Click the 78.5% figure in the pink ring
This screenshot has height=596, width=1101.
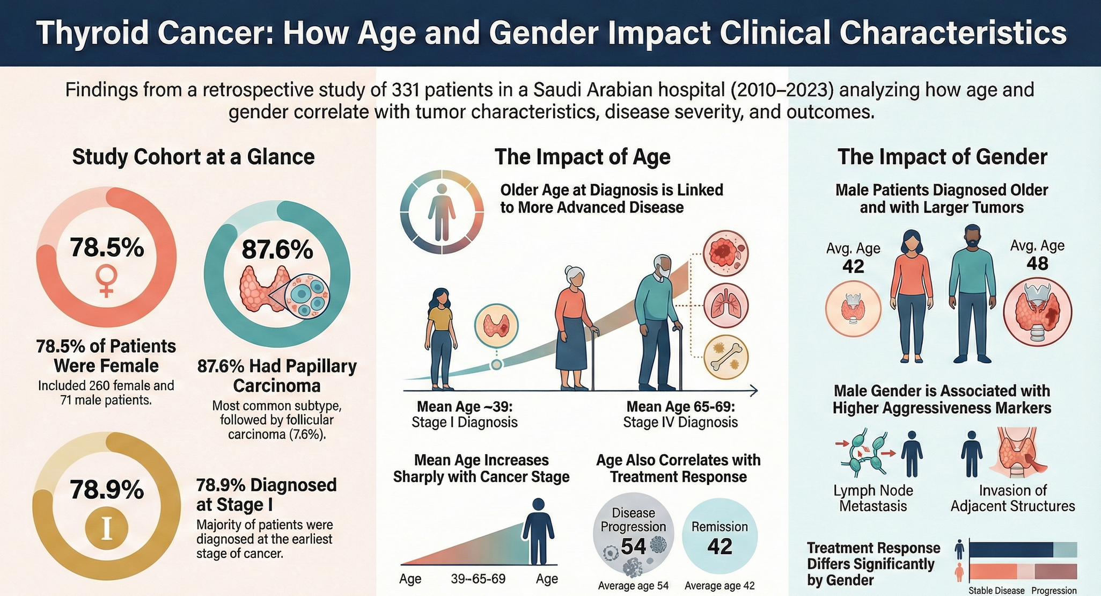coord(107,248)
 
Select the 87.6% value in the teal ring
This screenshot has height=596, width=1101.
coord(277,250)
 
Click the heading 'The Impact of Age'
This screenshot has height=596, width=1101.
coord(582,157)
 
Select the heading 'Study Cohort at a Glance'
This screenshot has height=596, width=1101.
coord(193,157)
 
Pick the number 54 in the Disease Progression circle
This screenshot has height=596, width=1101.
coord(633,546)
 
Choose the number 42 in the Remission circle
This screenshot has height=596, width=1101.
coord(720,546)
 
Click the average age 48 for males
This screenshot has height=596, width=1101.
coord(1037,264)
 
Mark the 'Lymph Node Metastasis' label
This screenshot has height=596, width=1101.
coord(873,498)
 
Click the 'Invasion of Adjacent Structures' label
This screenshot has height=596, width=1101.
coord(1012,498)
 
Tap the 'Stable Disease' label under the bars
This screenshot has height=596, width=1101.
coord(996,591)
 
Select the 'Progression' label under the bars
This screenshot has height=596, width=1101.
coord(1054,591)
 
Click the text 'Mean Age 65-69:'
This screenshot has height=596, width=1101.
coord(680,406)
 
